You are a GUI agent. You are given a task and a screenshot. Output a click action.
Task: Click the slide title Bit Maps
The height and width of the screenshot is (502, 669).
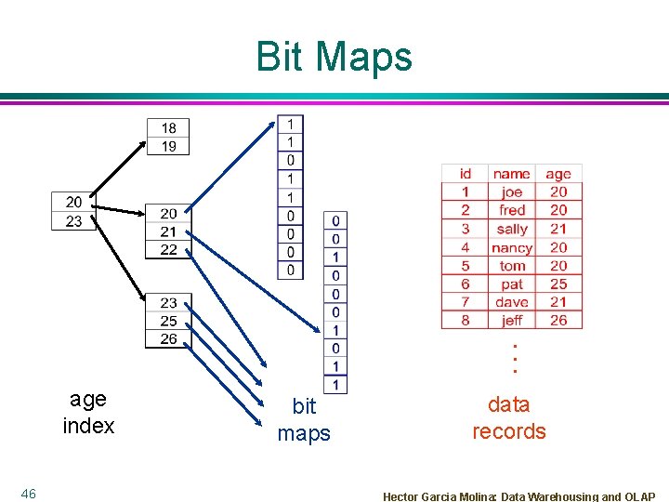tap(334, 57)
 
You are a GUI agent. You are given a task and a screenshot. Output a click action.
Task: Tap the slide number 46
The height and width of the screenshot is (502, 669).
tap(29, 494)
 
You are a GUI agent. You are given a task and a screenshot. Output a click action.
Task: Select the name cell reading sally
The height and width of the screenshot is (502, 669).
tap(512, 229)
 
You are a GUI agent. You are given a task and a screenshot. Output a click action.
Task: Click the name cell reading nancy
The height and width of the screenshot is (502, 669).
tap(512, 247)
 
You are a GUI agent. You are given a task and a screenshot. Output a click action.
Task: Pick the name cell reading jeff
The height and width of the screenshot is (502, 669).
tap(512, 320)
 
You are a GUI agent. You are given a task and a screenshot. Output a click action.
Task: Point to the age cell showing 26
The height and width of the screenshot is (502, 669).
tap(558, 320)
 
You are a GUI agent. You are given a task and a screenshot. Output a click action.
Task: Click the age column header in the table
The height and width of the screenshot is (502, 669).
tap(558, 173)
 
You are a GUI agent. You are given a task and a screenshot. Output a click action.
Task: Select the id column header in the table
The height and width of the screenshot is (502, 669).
tap(466, 173)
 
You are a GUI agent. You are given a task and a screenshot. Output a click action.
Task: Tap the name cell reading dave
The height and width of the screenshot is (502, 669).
tap(512, 302)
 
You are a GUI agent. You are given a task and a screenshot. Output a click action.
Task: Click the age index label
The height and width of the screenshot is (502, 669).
tap(89, 413)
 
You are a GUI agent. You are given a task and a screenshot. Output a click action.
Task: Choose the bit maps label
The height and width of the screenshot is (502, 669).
tap(304, 419)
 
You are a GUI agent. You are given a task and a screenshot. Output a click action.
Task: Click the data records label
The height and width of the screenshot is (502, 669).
tap(509, 417)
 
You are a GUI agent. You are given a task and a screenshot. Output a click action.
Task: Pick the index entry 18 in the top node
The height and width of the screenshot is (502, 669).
tap(168, 128)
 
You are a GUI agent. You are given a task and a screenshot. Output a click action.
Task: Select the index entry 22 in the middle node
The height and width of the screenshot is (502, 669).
tap(168, 249)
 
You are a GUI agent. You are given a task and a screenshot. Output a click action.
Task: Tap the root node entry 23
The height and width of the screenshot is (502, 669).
tap(73, 220)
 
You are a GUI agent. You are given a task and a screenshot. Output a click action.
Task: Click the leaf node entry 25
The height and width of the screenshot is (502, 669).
tap(168, 321)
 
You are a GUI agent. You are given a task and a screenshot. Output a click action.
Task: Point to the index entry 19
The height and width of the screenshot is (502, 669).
tap(168, 146)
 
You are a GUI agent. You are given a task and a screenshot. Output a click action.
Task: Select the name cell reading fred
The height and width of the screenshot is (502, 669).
tap(512, 210)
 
